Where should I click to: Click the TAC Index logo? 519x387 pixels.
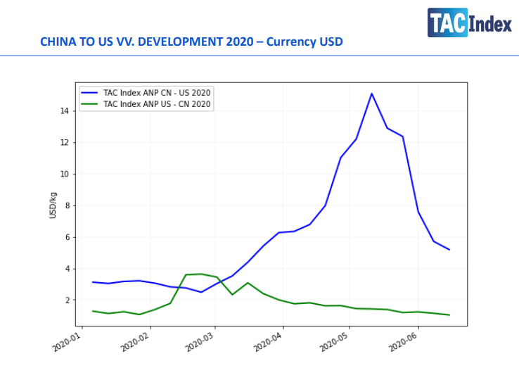[469, 23]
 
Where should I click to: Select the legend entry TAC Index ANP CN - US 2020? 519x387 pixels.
[156, 92]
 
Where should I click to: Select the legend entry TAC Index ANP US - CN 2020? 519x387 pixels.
[156, 104]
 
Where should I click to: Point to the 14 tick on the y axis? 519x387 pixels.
[64, 111]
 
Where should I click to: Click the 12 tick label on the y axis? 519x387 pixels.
[64, 143]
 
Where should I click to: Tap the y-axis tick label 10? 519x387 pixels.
[64, 175]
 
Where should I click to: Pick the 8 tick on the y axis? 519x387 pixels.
[66, 206]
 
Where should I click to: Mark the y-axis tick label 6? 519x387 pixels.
[66, 237]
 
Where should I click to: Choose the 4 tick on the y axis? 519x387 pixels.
[66, 269]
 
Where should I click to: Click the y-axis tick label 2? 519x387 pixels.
[66, 300]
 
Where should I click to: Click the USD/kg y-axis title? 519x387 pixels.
[53, 205]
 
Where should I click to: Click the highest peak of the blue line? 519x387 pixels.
[371, 94]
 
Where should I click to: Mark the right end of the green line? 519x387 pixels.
[449, 315]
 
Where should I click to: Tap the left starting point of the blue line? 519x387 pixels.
[93, 282]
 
